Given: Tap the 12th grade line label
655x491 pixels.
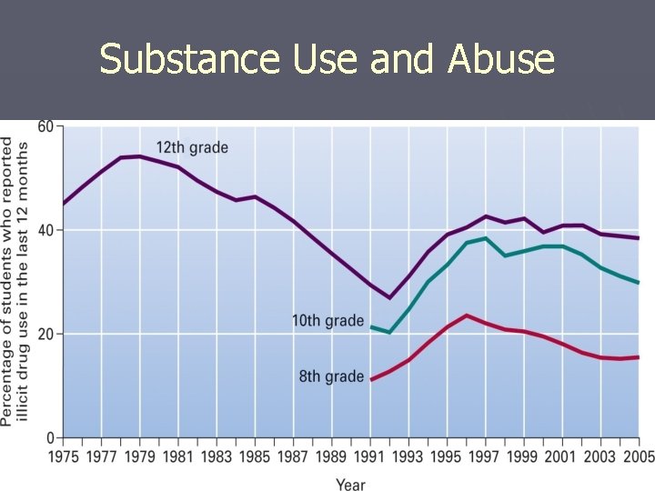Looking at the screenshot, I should click(192, 147).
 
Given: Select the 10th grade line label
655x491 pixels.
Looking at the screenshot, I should click(327, 321).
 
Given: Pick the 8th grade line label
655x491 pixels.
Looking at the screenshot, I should click(331, 376).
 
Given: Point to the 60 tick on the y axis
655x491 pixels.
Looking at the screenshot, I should click(45, 126).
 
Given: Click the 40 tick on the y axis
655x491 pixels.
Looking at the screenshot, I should click(45, 230).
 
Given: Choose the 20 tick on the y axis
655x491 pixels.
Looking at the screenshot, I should click(45, 334).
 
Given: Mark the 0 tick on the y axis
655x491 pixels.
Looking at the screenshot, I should click(51, 437).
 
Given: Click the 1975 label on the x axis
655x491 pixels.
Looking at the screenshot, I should click(64, 457).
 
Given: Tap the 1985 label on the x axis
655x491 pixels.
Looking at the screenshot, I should click(255, 457).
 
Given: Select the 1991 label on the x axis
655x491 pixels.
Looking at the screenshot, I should click(370, 457).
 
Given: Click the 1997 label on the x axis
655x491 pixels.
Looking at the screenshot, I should click(485, 457).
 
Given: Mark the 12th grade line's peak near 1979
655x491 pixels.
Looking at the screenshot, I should click(139, 156).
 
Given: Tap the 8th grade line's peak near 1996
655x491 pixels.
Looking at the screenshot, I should click(467, 316).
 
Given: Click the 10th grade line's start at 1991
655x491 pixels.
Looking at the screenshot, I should click(371, 326).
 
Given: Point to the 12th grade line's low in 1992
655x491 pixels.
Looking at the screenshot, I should click(389, 297).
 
